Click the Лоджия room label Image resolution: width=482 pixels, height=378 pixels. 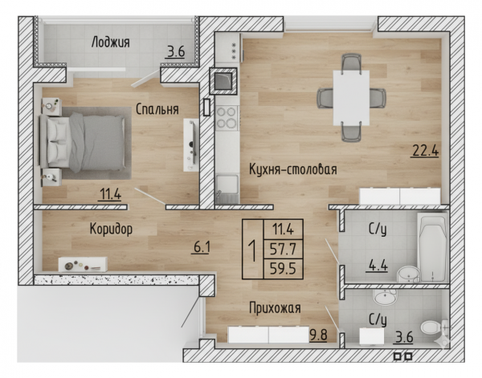click(110, 43)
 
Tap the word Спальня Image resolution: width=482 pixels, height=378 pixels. click(157, 109)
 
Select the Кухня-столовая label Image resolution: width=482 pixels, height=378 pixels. click(293, 169)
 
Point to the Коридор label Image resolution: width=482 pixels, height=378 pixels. click(111, 229)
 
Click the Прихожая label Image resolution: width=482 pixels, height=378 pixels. click(275, 308)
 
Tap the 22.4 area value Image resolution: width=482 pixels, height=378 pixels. click(425, 151)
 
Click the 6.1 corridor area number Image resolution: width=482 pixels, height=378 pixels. click(202, 246)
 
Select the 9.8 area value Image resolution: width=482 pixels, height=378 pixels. click(318, 335)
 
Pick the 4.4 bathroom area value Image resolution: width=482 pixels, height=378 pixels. click(377, 266)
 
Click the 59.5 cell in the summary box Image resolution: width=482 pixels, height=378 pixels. click(283, 269)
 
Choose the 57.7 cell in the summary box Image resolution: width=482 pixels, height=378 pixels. click(283, 249)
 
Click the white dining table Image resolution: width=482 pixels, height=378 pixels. click(351, 98)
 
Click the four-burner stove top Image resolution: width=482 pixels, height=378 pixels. click(227, 117)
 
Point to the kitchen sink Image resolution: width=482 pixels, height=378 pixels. click(227, 185)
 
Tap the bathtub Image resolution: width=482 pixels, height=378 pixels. click(432, 247)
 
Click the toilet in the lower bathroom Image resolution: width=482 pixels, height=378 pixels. click(432, 327)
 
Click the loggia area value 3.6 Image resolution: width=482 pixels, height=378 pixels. click(176, 51)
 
